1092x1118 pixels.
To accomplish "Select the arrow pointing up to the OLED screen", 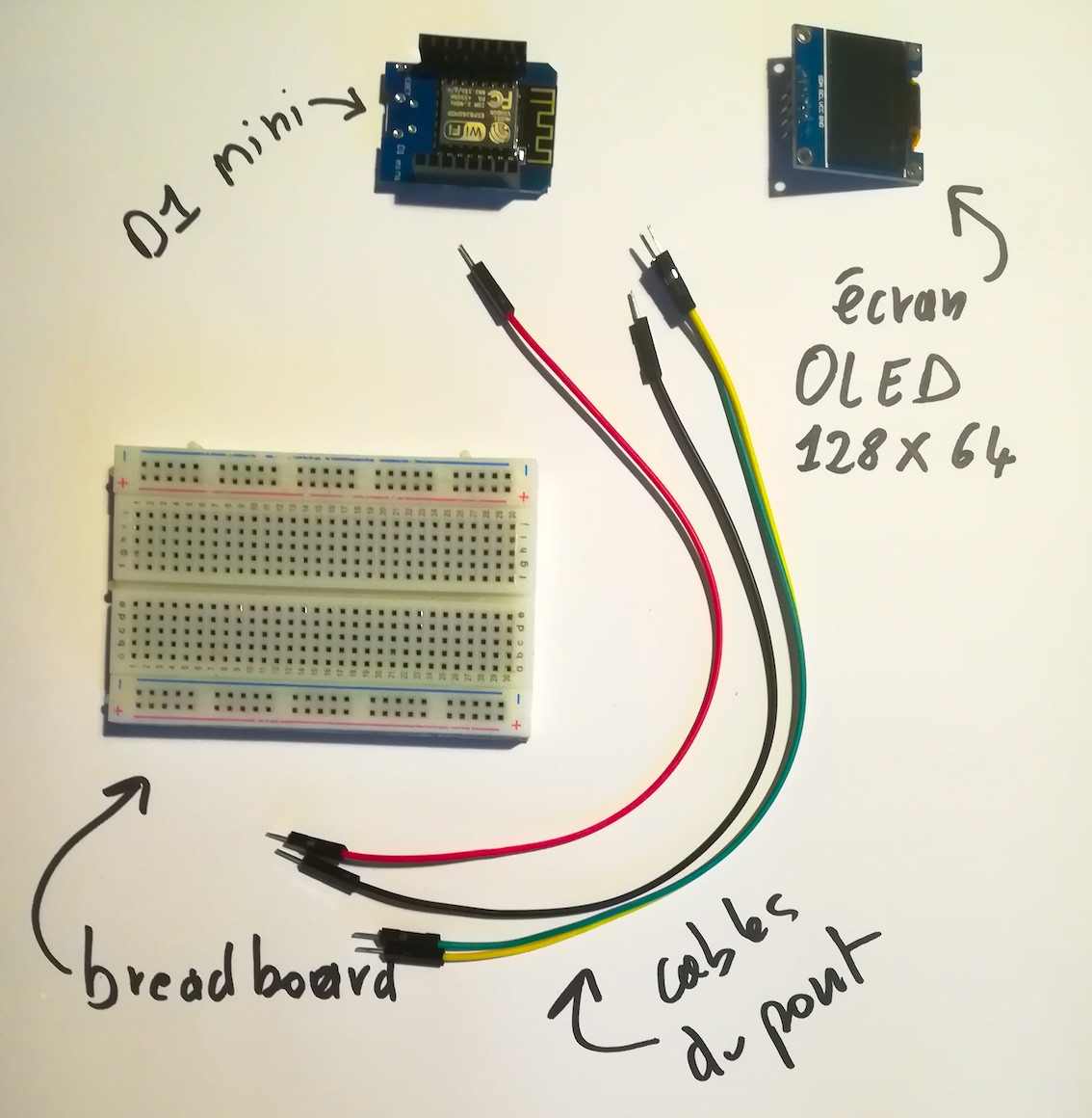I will (x=982, y=231).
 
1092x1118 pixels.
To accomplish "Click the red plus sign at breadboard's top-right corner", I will (x=522, y=497).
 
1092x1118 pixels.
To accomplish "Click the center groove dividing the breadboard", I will (x=318, y=585).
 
